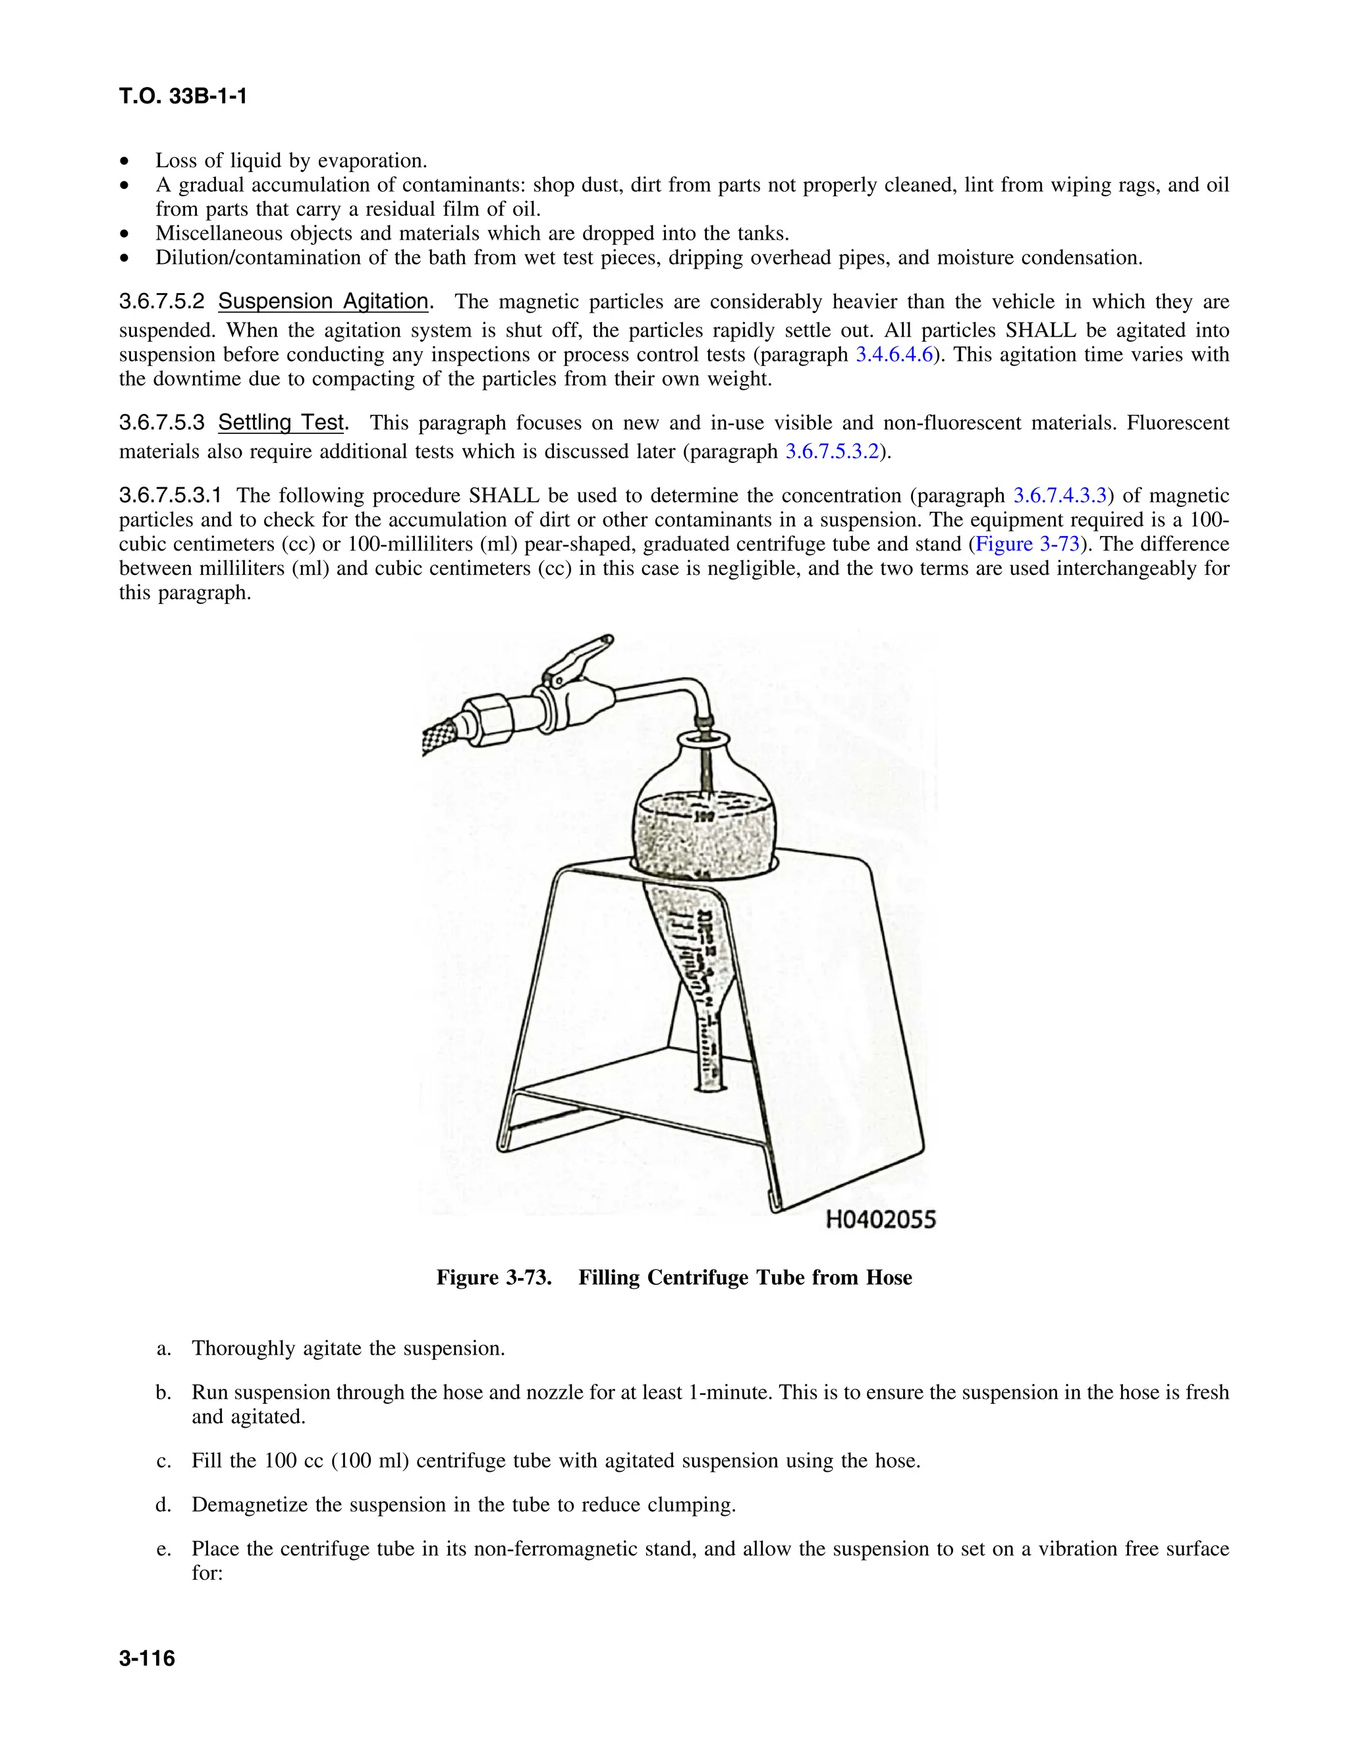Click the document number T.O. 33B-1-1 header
(183, 97)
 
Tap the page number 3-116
(147, 1659)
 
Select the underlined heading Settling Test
(281, 423)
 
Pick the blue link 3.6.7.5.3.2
(831, 452)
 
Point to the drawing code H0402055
(880, 1220)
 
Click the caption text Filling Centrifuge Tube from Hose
(745, 1277)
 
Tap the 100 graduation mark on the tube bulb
(703, 817)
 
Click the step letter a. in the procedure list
(164, 1349)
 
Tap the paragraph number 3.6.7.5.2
(162, 301)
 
